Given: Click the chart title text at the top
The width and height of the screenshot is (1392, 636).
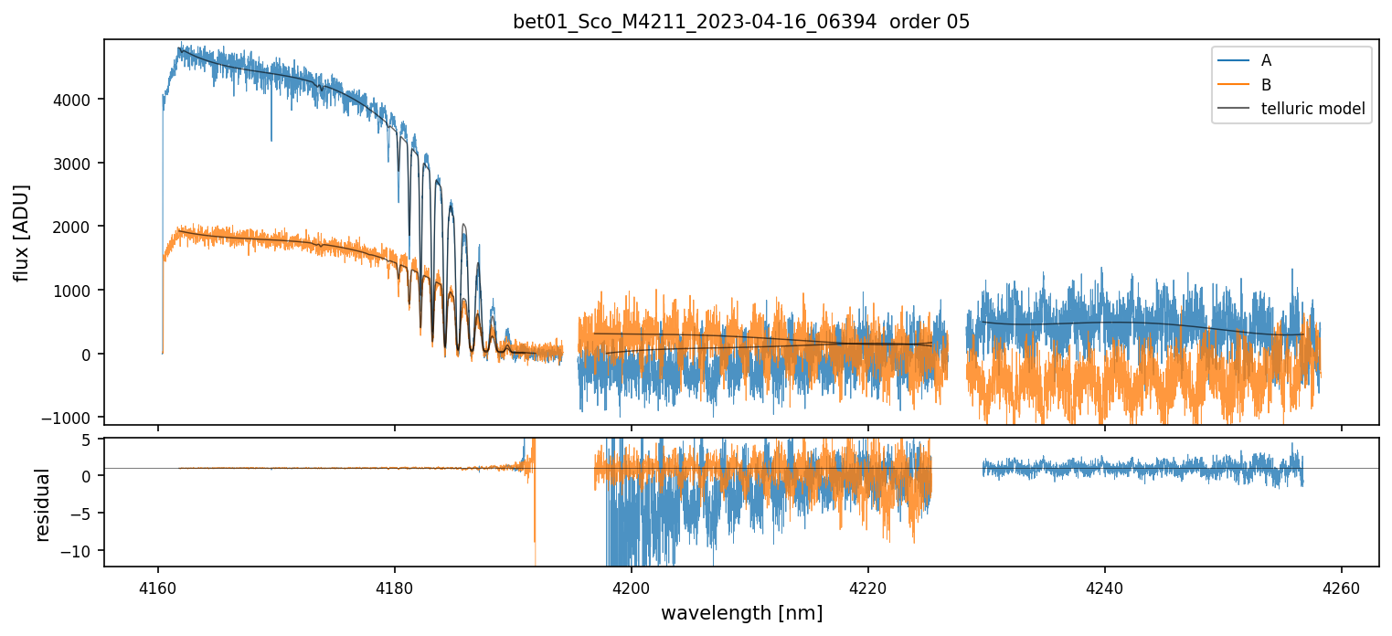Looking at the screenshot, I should [741, 22].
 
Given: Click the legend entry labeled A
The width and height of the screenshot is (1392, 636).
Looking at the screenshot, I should [1266, 60].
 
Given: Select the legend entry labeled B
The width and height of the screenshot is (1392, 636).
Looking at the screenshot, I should [1266, 85].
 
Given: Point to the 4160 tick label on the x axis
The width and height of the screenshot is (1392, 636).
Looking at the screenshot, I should [158, 588].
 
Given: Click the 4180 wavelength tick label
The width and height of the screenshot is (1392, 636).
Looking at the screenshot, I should [395, 588].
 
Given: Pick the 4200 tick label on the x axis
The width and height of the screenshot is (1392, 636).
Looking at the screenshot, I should [632, 588].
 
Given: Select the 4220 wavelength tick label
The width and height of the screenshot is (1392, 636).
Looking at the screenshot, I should [868, 588].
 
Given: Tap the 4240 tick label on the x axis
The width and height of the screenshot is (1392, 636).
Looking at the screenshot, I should [1105, 588].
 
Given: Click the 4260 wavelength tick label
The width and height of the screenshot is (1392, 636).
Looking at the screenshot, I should [1342, 588].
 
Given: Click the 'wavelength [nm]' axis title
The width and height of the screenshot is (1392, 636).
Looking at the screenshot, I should [741, 612].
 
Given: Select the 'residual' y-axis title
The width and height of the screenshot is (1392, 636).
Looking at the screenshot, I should [42, 504].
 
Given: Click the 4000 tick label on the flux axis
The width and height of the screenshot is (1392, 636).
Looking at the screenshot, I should [78, 100].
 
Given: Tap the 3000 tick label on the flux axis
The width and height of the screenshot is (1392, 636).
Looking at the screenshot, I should [78, 164].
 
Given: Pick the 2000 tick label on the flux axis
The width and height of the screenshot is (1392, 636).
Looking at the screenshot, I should [78, 227].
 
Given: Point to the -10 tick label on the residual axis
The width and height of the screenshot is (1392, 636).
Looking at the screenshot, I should [82, 551].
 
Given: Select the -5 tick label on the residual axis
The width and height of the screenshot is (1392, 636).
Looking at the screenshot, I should [87, 514].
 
